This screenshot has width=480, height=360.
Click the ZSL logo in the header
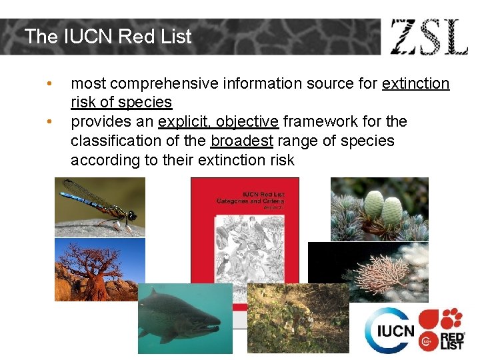point(429,37)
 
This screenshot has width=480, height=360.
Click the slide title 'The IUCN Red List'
point(108,37)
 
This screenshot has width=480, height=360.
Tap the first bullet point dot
point(48,83)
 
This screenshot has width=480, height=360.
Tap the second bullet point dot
point(48,122)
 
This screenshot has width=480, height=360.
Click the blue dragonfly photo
point(99,207)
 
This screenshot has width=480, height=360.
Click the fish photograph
point(185,319)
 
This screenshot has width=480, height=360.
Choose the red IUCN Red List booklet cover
point(245,227)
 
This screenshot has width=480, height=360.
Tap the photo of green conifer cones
point(379,209)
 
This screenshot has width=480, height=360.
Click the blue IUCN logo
point(390,331)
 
